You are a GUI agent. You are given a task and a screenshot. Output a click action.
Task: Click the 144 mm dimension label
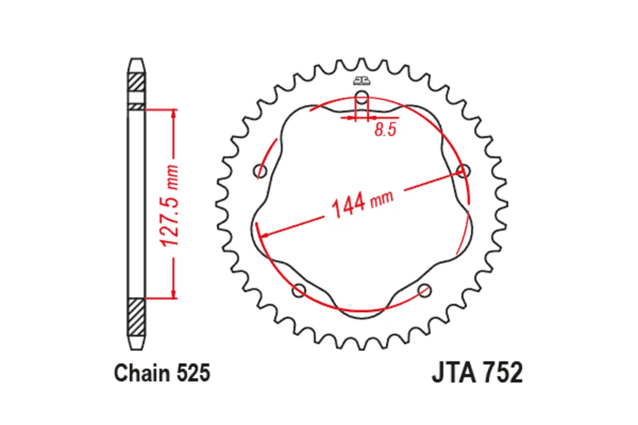pyautogui.click(x=362, y=204)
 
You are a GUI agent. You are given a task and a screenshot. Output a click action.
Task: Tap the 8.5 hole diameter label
pyautogui.click(x=385, y=130)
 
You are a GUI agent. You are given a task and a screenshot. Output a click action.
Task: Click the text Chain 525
pyautogui.click(x=162, y=372)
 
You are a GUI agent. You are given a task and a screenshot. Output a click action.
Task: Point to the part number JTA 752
pyautogui.click(x=477, y=372)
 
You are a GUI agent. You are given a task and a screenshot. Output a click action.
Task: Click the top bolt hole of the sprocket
pyautogui.click(x=362, y=97)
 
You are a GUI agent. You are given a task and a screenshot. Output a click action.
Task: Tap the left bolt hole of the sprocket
pyautogui.click(x=260, y=171)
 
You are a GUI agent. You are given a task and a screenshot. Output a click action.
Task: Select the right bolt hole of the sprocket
pyautogui.click(x=464, y=171)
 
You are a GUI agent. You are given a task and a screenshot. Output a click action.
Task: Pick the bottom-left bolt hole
pyautogui.click(x=299, y=291)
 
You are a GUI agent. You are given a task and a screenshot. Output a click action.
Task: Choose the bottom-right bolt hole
pyautogui.click(x=424, y=291)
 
